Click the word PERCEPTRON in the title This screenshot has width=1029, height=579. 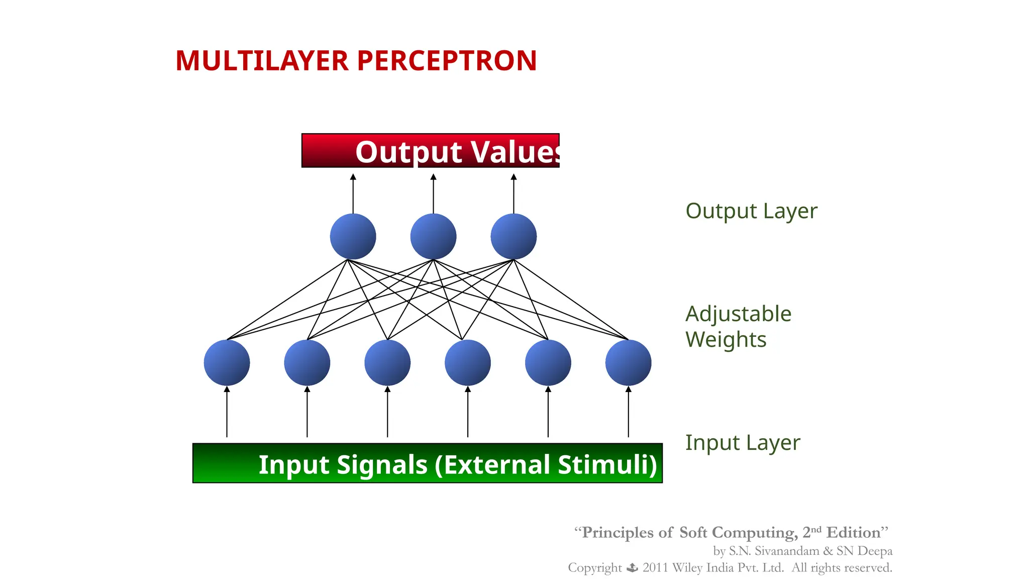[x=447, y=61]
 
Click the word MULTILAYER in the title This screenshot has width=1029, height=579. [x=262, y=61]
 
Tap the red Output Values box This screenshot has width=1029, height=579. [x=430, y=151]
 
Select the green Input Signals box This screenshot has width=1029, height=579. [x=428, y=463]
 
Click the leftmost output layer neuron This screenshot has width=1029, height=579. [x=353, y=237]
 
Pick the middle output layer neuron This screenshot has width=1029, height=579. [x=433, y=237]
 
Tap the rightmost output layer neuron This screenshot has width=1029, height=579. [x=513, y=237]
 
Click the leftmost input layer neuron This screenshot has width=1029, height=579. [x=227, y=363]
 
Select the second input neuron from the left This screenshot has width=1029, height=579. [x=307, y=363]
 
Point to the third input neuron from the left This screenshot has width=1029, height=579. [x=387, y=363]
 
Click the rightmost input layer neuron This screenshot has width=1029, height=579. [x=628, y=363]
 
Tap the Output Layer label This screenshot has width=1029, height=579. [x=751, y=211]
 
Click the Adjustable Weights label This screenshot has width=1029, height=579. [x=738, y=327]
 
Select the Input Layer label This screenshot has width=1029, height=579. [x=742, y=443]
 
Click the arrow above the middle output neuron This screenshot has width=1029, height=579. [x=433, y=194]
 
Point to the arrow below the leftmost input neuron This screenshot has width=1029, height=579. [x=227, y=412]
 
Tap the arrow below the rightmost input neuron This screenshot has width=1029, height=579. [x=628, y=412]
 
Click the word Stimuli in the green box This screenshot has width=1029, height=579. [x=607, y=464]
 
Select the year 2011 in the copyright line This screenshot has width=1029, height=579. [x=655, y=568]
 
